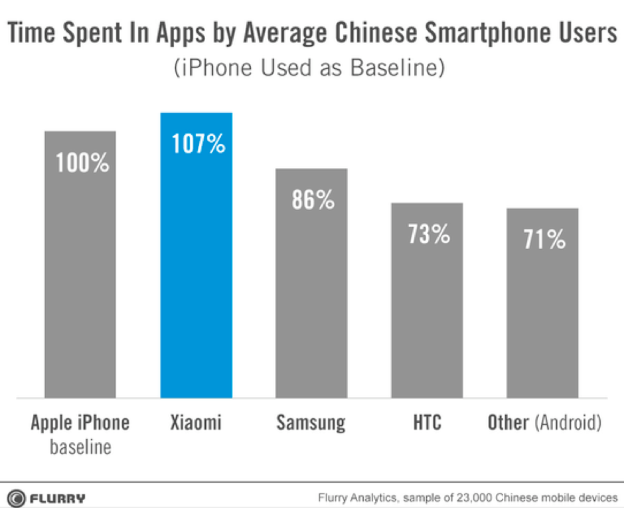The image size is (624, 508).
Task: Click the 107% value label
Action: click(198, 144)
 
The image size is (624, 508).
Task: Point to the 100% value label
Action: click(82, 163)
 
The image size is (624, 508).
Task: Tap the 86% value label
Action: click(313, 200)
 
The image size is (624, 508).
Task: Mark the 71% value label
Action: click(544, 240)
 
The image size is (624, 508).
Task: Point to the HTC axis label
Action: click(426, 423)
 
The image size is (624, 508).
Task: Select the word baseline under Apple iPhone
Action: click(80, 446)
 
